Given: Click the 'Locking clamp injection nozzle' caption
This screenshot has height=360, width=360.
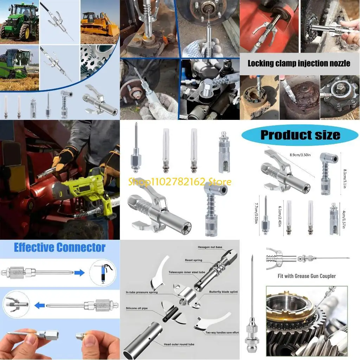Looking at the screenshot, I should [299, 64].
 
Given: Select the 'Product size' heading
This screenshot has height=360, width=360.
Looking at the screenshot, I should [300, 135].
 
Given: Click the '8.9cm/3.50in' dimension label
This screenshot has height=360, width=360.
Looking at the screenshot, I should [302, 154].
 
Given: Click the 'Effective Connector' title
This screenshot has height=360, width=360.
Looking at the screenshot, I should [59, 247].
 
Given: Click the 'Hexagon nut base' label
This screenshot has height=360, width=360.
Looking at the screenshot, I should [210, 247].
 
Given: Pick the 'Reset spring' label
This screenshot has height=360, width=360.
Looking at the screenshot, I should [194, 260].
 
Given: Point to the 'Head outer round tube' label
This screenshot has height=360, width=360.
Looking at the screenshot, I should [179, 344].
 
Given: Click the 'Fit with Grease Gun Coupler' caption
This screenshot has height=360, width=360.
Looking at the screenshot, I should [307, 276].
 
